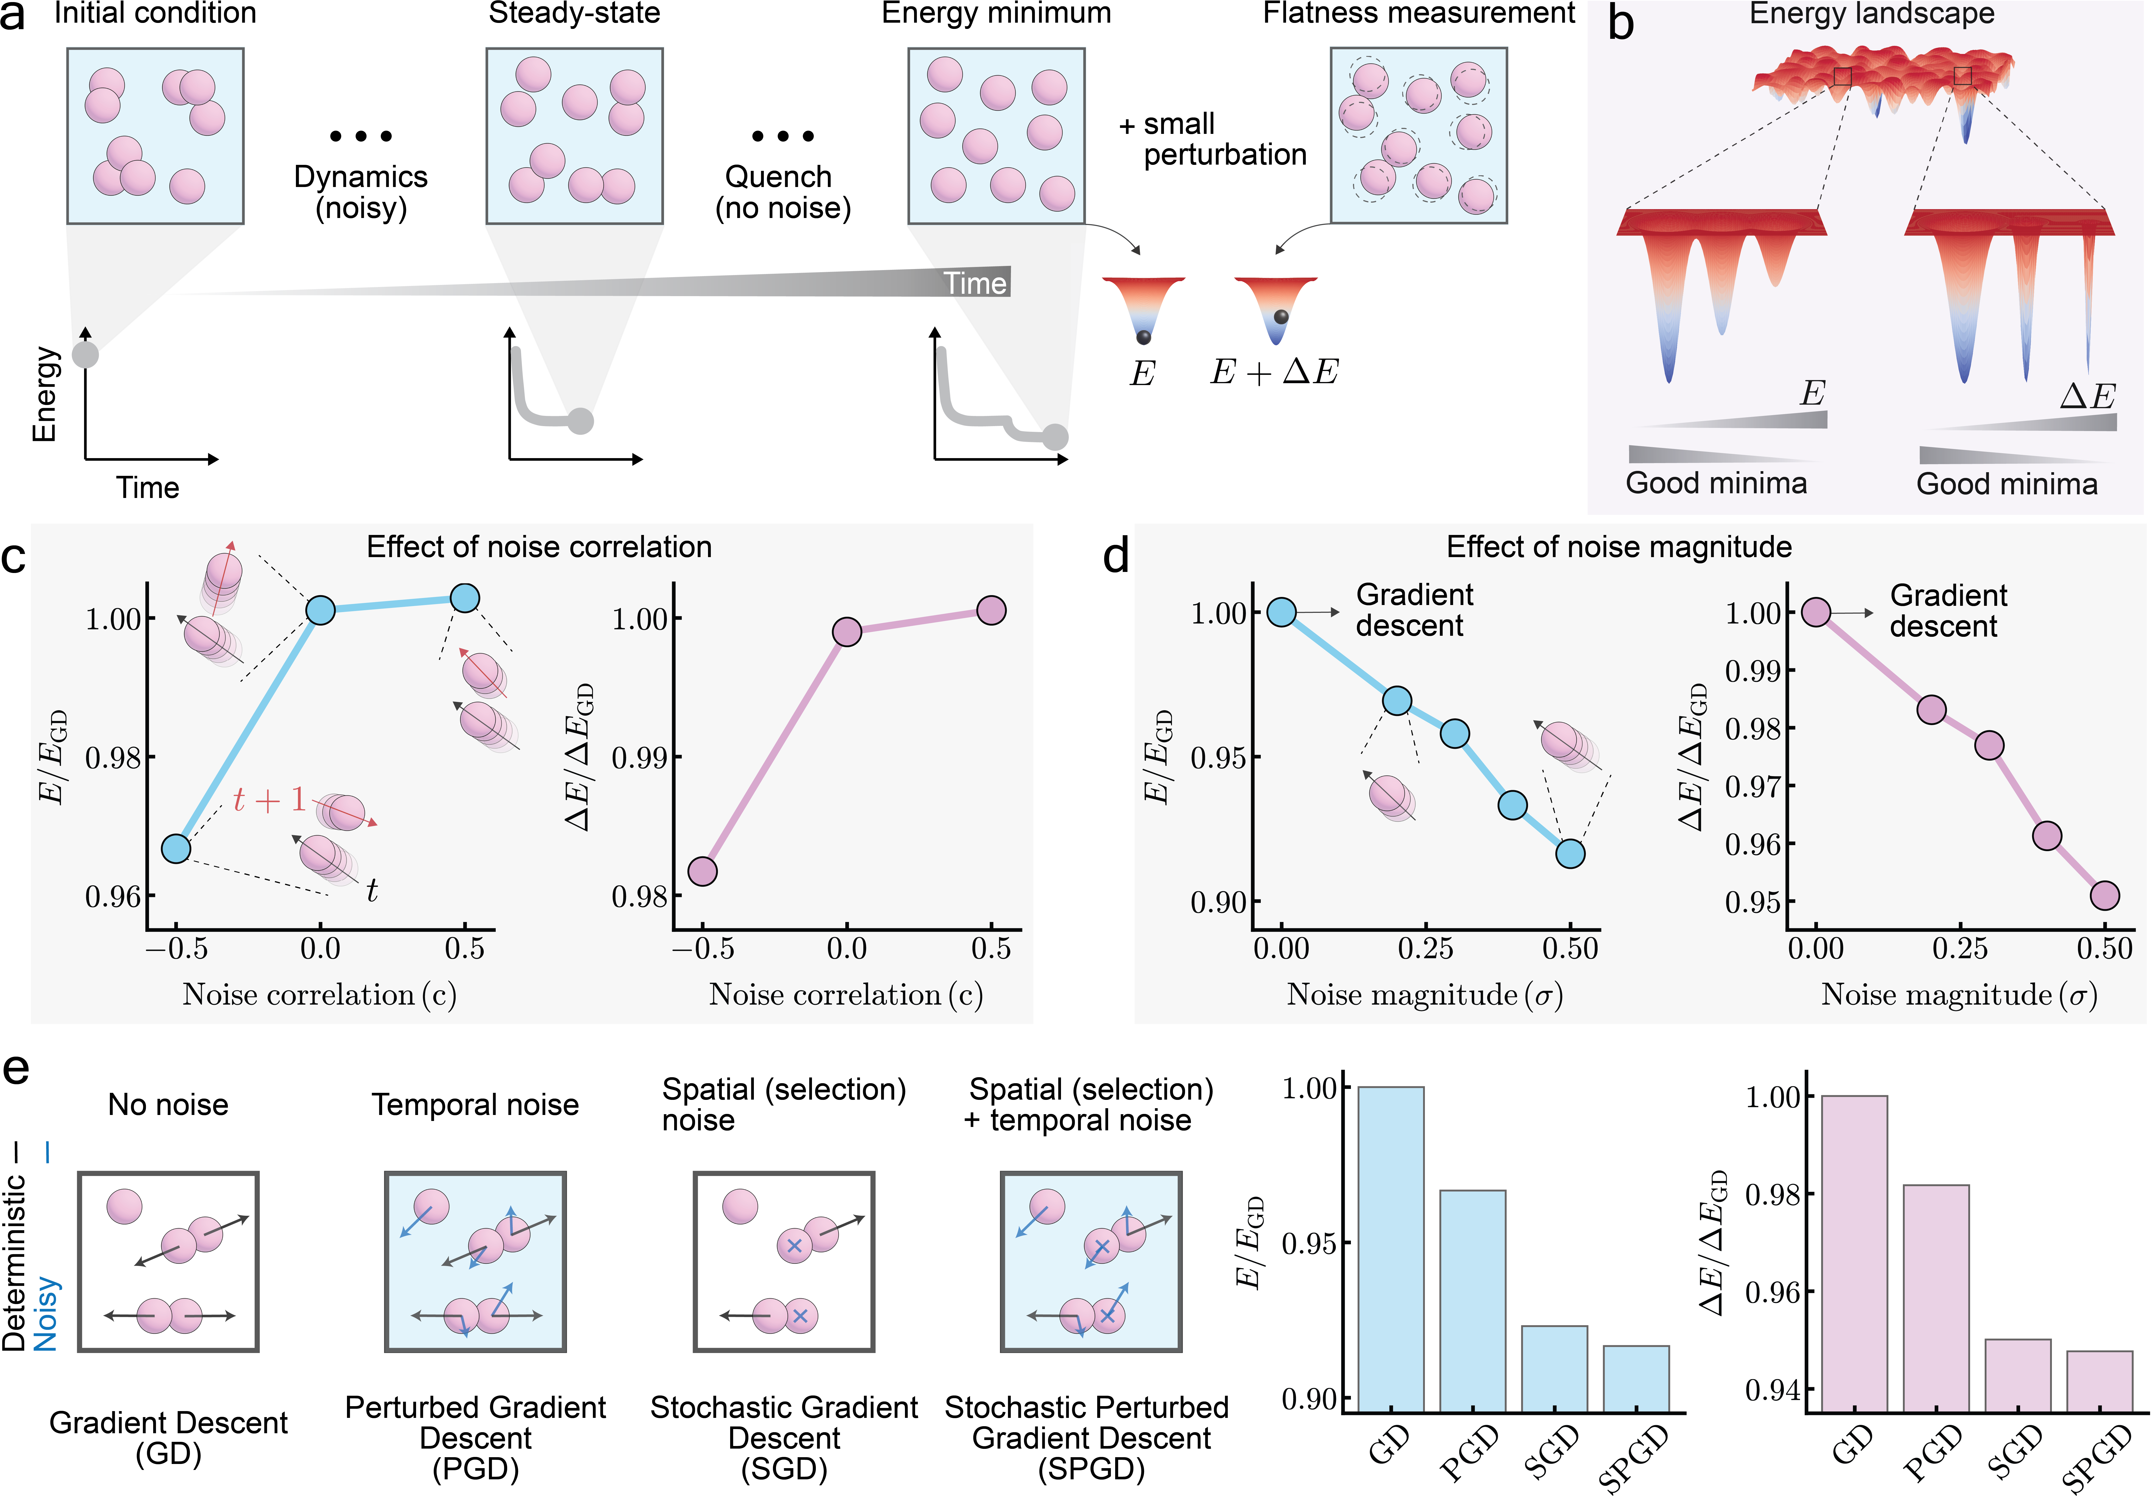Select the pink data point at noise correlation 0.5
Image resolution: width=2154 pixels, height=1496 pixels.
click(x=991, y=610)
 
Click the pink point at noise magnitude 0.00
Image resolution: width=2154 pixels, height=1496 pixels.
click(x=1816, y=612)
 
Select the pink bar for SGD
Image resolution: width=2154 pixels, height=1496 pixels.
click(x=2017, y=1375)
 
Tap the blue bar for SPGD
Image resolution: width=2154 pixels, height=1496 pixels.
click(x=1636, y=1378)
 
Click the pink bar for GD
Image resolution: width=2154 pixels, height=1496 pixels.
click(x=1854, y=1253)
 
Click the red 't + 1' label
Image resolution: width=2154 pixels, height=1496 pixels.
click(x=269, y=800)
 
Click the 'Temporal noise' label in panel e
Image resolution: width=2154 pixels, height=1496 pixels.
click(x=475, y=1105)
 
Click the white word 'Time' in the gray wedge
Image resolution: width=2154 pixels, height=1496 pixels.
click(x=975, y=283)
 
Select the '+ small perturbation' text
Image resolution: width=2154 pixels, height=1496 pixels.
click(x=1213, y=139)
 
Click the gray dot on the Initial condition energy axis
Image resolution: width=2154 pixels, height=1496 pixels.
click(x=85, y=354)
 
